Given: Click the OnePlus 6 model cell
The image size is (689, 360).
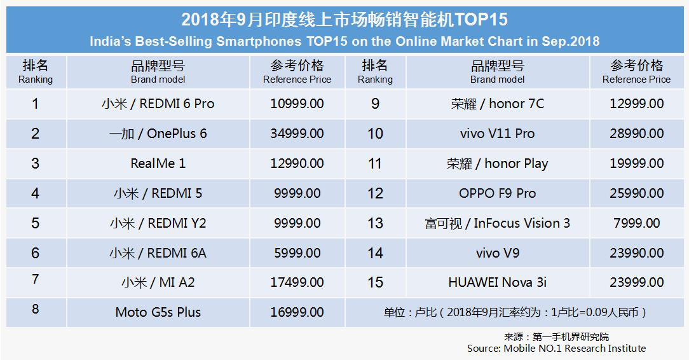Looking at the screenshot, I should (158, 134).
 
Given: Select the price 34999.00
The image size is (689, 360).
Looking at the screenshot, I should (297, 134).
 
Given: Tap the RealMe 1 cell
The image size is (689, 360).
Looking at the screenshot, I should (158, 163).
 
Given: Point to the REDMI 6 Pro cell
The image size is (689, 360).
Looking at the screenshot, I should (158, 104).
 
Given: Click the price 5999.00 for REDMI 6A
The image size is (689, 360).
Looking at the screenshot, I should (297, 253).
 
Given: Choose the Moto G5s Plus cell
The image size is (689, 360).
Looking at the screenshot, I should (158, 312).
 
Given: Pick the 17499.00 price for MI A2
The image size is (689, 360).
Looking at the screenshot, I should (297, 282).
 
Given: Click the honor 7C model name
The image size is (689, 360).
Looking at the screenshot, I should (498, 104).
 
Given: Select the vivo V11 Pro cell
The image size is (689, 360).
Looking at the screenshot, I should (498, 134).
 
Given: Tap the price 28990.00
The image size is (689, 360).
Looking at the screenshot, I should (636, 134).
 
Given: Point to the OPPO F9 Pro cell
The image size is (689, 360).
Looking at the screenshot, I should (498, 193).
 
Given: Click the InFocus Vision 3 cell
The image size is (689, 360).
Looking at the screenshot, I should (498, 223).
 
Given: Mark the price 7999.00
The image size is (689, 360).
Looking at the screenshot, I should (636, 223).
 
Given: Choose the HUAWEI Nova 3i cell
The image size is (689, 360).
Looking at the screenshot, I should (498, 282).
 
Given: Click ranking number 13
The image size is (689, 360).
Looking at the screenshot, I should (375, 223).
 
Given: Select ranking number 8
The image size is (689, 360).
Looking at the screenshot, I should (36, 310).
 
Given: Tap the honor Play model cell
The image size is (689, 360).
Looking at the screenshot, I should (498, 163).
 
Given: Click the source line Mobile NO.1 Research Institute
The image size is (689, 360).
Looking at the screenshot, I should (556, 349).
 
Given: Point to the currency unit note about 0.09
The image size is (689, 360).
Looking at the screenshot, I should (515, 312).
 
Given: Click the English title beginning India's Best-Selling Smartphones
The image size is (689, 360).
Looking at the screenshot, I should (344, 41).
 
